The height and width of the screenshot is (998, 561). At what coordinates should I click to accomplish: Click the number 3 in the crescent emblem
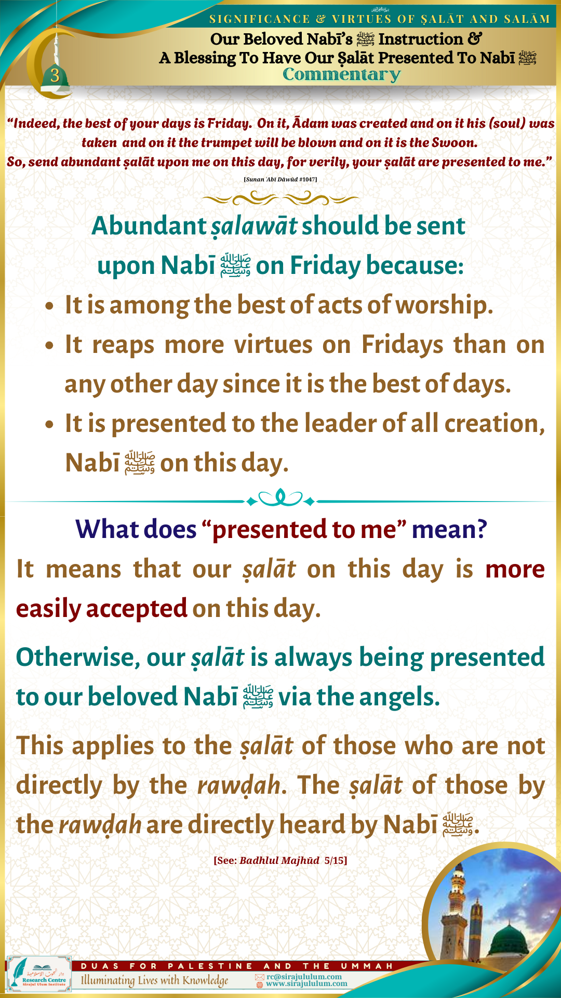[55, 75]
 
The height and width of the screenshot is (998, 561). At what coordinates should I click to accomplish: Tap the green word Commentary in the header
[342, 75]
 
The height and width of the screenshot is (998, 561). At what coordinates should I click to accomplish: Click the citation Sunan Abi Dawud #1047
[280, 179]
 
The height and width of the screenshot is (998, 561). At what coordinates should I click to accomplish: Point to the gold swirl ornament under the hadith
[280, 198]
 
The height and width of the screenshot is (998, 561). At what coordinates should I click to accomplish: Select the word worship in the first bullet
[444, 305]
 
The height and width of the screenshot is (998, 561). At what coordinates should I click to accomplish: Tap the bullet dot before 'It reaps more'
[49, 345]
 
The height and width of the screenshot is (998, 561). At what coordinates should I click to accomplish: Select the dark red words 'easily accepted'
[102, 609]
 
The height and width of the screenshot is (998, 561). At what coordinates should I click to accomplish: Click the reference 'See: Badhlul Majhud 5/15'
[280, 860]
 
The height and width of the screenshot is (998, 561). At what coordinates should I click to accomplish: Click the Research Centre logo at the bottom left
[39, 974]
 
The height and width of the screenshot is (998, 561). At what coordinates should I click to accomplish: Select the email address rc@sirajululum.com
[304, 977]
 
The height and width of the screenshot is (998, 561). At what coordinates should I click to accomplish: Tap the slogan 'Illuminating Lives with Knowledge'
[154, 980]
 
